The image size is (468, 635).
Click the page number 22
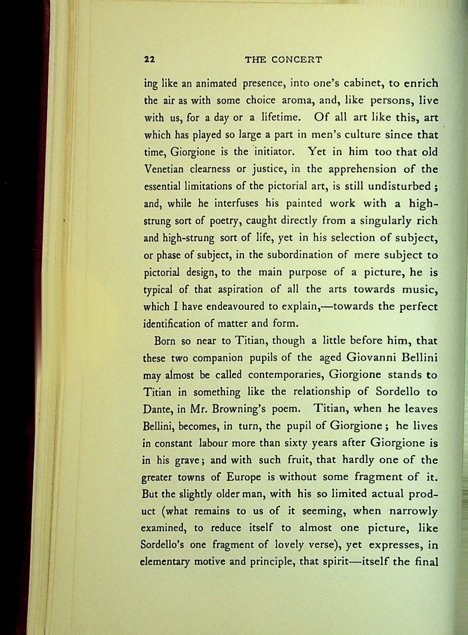(149, 60)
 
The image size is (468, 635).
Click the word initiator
(275, 152)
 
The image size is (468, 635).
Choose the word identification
(172, 323)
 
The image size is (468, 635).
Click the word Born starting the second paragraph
(165, 341)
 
